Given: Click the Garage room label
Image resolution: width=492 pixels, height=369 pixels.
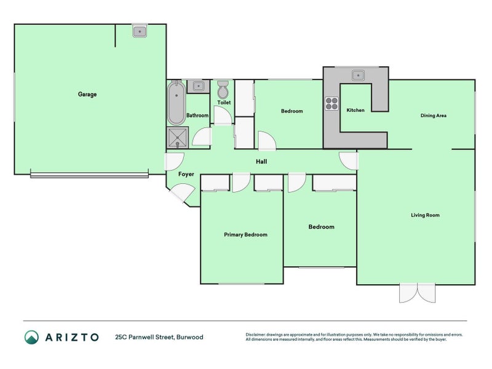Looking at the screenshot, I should coord(87,94).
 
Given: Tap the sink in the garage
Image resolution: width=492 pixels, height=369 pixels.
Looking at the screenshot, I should coord(140,31).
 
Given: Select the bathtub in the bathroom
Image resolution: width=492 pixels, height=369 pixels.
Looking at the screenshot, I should coord(176,103).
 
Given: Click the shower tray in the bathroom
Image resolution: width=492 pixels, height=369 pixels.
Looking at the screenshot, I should coord(177,138).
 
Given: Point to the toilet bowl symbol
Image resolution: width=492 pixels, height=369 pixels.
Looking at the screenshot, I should coord(223,90).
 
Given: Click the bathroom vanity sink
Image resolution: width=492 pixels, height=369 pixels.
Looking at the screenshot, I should coord(198,86).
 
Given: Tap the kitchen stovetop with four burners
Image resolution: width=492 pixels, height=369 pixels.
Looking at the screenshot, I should coord(332,103).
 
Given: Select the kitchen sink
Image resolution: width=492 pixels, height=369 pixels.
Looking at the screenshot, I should coord(359,76).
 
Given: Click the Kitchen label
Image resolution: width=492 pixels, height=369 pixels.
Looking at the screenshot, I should coord(355,111).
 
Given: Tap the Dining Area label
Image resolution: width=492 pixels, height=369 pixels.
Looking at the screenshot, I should coord(433,115).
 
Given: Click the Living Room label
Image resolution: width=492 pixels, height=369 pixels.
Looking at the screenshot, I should coord(425,215).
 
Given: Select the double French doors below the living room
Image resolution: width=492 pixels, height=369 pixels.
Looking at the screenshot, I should coord(417,293).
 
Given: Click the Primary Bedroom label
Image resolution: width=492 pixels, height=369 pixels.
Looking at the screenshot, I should coord(245,234).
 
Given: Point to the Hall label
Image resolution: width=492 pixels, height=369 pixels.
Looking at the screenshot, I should coord(261,162).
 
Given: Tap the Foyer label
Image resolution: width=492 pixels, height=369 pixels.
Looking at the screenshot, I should coord(186,174).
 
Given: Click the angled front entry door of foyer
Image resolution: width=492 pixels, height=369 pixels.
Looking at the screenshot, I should coord(181,194).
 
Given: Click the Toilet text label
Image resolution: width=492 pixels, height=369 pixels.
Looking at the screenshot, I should coord(224,103).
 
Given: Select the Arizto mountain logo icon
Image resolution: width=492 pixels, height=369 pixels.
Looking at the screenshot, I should coord(31,336).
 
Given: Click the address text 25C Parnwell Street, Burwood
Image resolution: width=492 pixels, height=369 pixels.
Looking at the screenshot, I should coord(159,337).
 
